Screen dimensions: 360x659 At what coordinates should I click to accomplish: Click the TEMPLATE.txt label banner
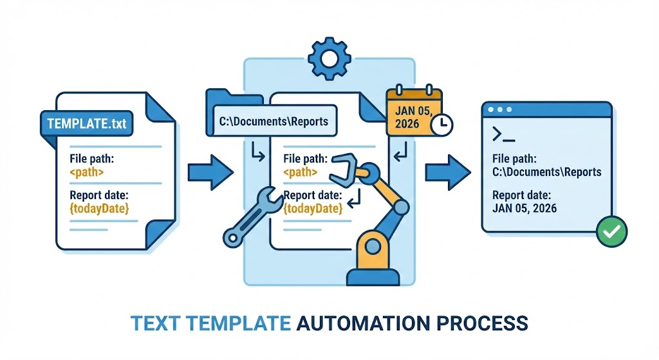pos(86,122)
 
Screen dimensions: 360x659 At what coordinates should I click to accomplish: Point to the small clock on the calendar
pos(441,125)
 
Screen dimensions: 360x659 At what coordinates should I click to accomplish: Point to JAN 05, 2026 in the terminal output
pos(524,208)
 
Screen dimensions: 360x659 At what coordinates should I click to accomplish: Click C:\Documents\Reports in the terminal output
pos(546,172)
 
